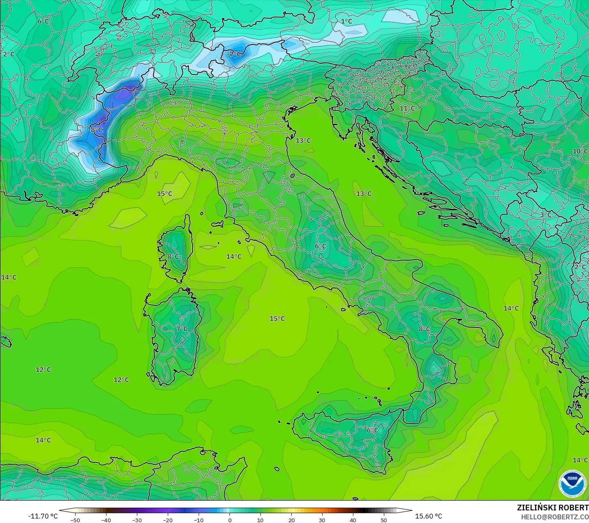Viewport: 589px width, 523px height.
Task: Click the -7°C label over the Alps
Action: coord(234,54)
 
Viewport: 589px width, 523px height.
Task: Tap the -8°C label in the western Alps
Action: coord(96,130)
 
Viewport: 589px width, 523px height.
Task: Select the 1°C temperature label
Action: coord(346,22)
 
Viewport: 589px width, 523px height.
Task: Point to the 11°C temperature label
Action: coord(407,109)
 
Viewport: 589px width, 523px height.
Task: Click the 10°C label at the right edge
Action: coord(580,151)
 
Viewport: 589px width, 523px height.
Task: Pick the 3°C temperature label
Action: coord(546,215)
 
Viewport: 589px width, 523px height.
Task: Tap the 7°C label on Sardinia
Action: coord(182,329)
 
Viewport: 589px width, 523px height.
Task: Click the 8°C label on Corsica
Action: coord(173,256)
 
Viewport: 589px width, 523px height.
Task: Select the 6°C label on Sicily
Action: coord(372,430)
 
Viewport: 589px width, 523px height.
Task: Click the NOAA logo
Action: coord(572,483)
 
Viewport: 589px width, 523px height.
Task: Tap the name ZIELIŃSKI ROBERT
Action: coord(552,508)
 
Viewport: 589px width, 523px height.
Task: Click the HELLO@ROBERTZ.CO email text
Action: coord(555,516)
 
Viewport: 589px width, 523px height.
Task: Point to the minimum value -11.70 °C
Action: coord(43,516)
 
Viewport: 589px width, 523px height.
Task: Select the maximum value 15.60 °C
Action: coord(429,516)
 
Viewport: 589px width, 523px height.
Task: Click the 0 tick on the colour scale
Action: coord(230,520)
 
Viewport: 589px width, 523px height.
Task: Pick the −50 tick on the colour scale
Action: coord(75,520)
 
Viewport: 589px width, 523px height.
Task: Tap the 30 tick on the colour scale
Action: coord(322,520)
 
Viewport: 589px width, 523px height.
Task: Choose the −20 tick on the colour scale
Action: coord(168,520)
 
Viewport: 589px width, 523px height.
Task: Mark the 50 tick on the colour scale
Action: coord(384,520)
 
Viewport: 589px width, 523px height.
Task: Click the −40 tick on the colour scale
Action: coord(106,520)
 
